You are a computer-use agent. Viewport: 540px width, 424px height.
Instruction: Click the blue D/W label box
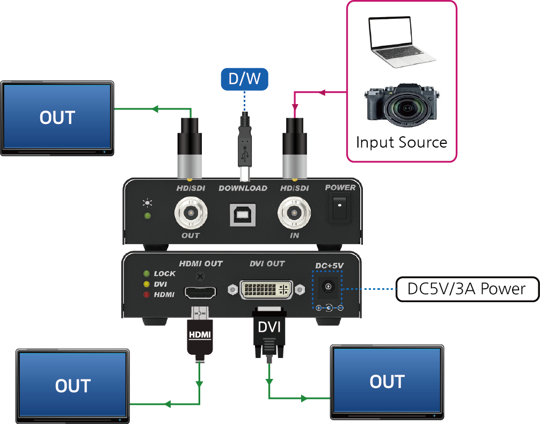(245, 79)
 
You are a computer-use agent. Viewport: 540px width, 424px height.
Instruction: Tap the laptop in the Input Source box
(399, 41)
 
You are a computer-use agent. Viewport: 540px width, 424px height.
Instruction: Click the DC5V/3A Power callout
(468, 289)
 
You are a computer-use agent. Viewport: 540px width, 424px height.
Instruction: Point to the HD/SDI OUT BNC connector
(191, 213)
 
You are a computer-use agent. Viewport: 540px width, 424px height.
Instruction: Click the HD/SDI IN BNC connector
(294, 213)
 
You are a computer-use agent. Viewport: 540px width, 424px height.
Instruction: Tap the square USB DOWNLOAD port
(243, 215)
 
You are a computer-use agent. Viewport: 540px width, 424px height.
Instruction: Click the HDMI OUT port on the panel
(200, 293)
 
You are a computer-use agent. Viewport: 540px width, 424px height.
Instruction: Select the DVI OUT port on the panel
(266, 289)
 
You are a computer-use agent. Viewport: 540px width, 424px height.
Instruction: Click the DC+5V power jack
(327, 287)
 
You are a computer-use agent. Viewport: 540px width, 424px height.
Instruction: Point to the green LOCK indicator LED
(147, 274)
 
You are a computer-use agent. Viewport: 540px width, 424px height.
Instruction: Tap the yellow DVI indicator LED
(147, 284)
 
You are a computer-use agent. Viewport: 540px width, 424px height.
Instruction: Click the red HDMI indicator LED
(147, 295)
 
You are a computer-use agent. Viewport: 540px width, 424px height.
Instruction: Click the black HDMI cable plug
(200, 334)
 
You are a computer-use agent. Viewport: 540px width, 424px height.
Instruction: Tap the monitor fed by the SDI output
(57, 118)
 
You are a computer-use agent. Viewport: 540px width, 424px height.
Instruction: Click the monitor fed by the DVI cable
(387, 382)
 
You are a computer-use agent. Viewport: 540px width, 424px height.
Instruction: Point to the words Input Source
(402, 142)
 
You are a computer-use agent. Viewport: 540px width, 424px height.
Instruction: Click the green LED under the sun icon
(148, 216)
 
